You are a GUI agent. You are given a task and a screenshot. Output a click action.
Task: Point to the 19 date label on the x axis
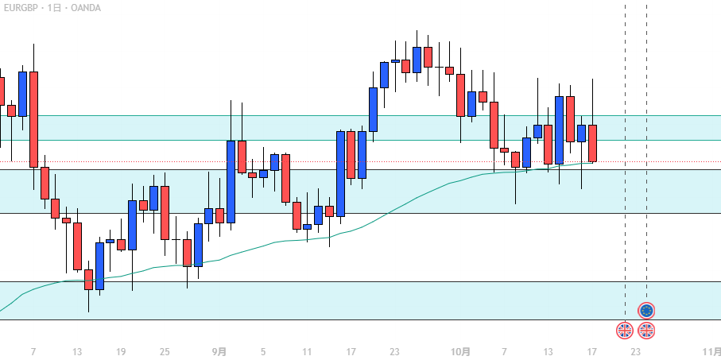(121, 352)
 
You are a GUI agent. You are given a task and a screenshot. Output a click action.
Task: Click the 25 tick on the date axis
(165, 352)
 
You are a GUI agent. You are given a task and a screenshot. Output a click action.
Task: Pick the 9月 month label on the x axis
(219, 352)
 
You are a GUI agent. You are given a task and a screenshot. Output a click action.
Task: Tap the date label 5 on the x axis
(263, 352)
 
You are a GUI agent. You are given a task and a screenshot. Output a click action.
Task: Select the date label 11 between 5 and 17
(307, 352)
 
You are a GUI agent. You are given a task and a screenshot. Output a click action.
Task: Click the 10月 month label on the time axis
(460, 352)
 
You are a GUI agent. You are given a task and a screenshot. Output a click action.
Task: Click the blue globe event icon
(646, 310)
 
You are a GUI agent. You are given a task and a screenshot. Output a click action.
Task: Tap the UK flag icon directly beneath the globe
(646, 330)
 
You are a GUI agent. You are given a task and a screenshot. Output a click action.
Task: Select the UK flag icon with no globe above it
(625, 330)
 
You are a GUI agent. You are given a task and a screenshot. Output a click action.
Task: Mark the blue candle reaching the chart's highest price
(417, 60)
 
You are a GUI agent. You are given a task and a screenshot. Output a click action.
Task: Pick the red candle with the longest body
(33, 119)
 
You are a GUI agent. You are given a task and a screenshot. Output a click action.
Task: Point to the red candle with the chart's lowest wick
(88, 279)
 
